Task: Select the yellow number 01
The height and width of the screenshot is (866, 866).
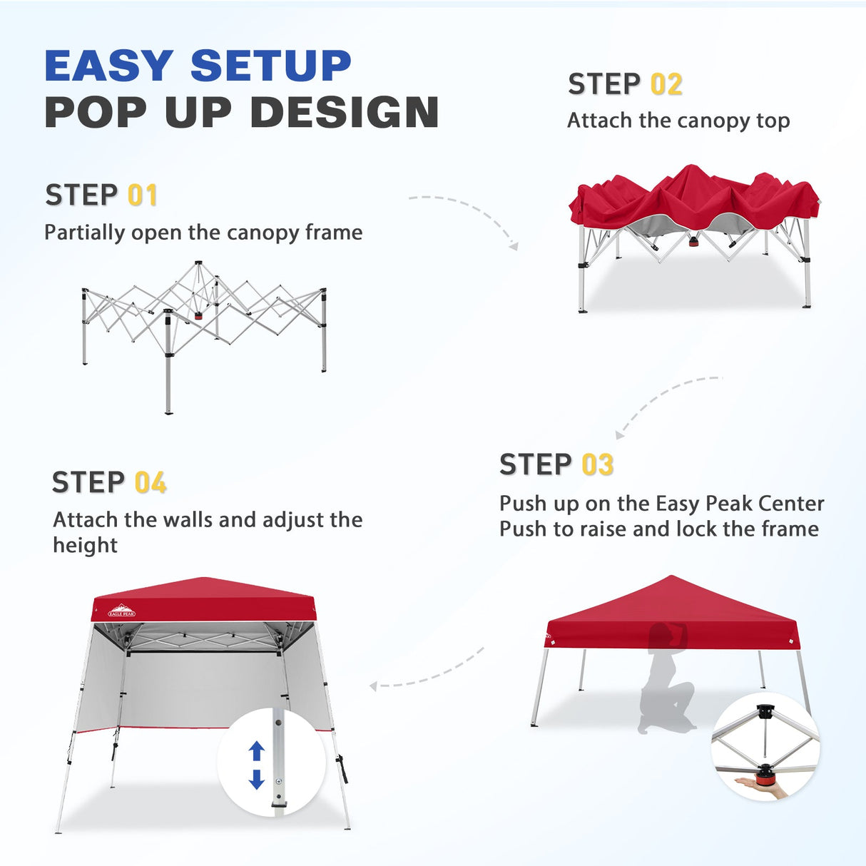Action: tap(142, 195)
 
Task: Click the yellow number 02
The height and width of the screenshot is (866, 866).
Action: tap(666, 84)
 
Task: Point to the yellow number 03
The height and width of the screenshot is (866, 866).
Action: tap(597, 465)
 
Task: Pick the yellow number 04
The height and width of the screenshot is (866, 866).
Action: tap(151, 483)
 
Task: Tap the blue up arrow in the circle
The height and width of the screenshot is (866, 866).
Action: tap(257, 751)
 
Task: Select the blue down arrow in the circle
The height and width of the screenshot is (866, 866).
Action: tap(257, 779)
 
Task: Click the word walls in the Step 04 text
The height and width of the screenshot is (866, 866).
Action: tap(188, 520)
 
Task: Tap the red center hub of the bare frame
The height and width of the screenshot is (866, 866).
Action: tap(198, 315)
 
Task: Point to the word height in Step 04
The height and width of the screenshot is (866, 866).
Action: tap(85, 546)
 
